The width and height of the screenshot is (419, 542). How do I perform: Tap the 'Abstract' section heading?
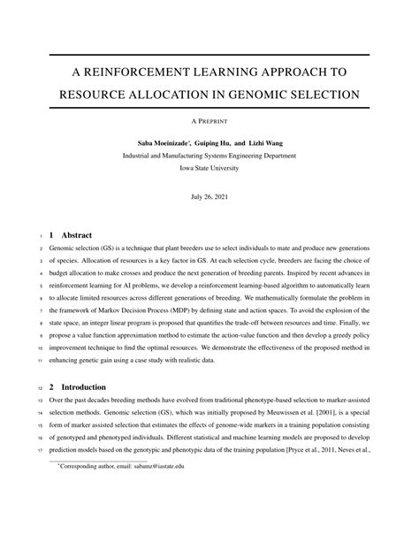tap(77, 236)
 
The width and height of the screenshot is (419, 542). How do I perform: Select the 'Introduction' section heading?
tap(87, 386)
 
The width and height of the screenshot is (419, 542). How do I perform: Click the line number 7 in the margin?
tap(41, 312)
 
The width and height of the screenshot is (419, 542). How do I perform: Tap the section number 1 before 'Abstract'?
tap(52, 236)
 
